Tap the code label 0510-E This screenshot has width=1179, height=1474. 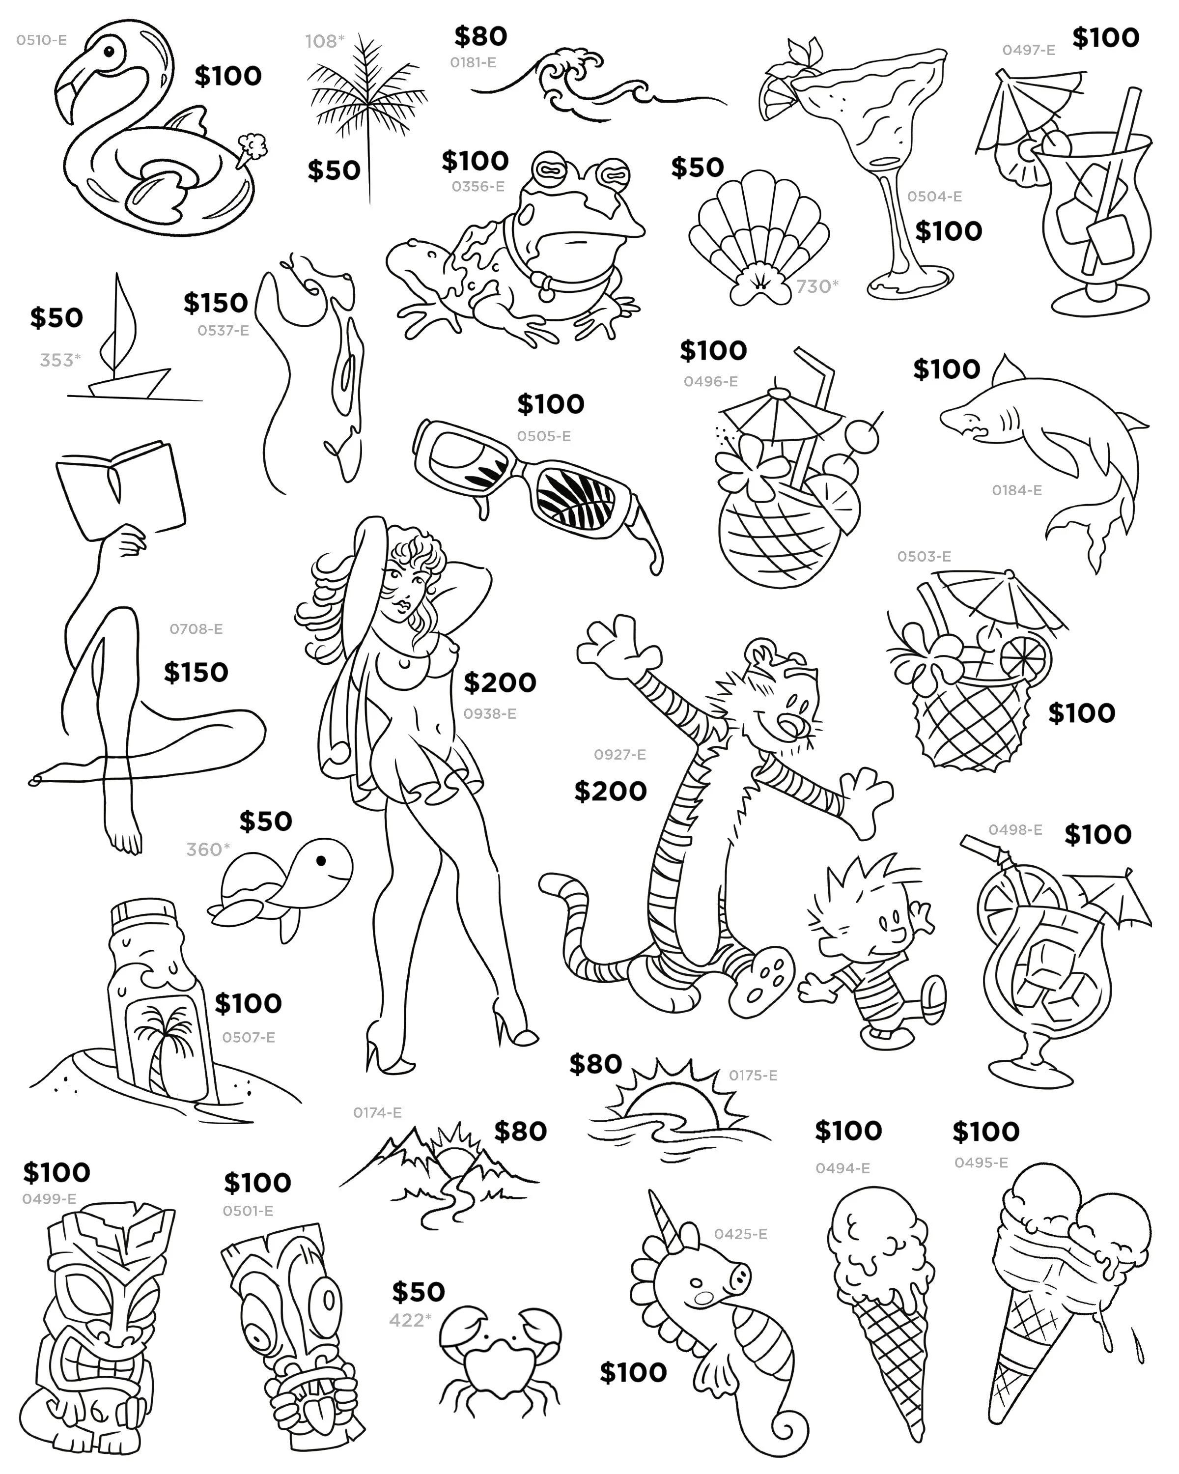[x=42, y=40]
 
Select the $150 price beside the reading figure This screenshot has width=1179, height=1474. [x=196, y=673]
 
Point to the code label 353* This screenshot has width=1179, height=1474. [x=60, y=360]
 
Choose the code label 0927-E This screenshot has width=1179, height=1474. [x=619, y=755]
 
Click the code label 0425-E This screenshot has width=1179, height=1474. [x=740, y=1234]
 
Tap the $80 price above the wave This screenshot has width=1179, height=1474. [x=480, y=37]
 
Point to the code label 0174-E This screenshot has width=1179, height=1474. [x=377, y=1113]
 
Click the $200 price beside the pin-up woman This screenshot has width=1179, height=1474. [x=500, y=682]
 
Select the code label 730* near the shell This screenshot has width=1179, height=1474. [x=817, y=286]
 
